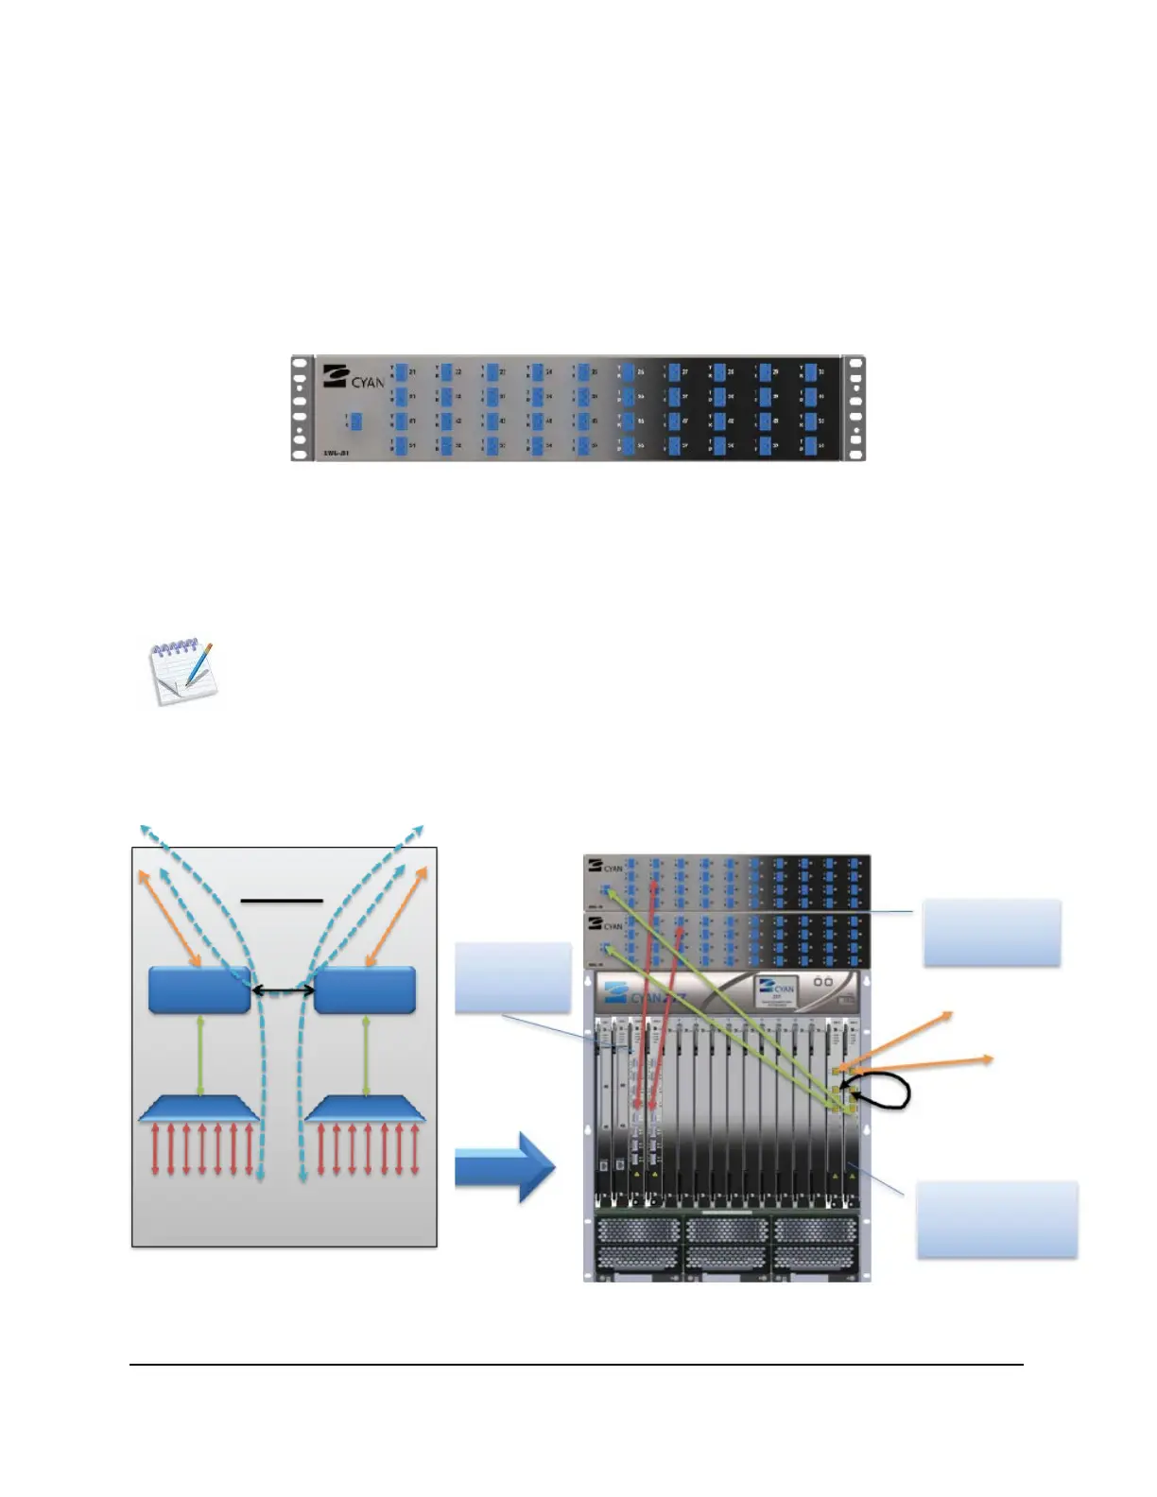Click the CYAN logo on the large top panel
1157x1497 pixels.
pos(354,376)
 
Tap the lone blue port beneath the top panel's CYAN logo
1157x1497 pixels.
pos(356,422)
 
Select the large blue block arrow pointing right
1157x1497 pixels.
pos(504,1169)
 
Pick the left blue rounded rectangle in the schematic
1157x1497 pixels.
pos(199,989)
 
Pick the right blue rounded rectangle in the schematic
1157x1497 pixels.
pos(365,989)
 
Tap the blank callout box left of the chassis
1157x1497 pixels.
pos(513,977)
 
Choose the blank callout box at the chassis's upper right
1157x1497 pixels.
pos(992,932)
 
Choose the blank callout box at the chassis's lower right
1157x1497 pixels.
pos(997,1219)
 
